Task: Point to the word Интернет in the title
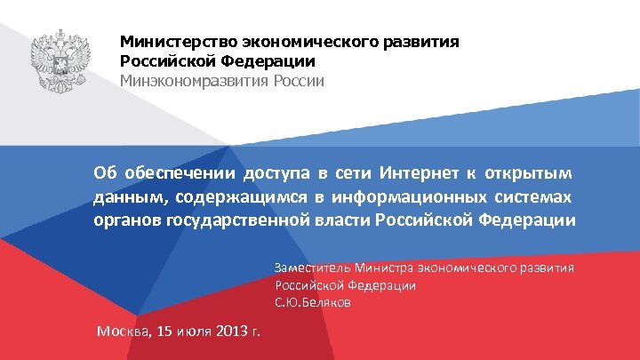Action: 415,172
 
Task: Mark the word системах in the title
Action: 536,196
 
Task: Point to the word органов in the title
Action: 126,220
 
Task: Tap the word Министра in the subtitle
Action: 383,268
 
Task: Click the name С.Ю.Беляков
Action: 313,303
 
